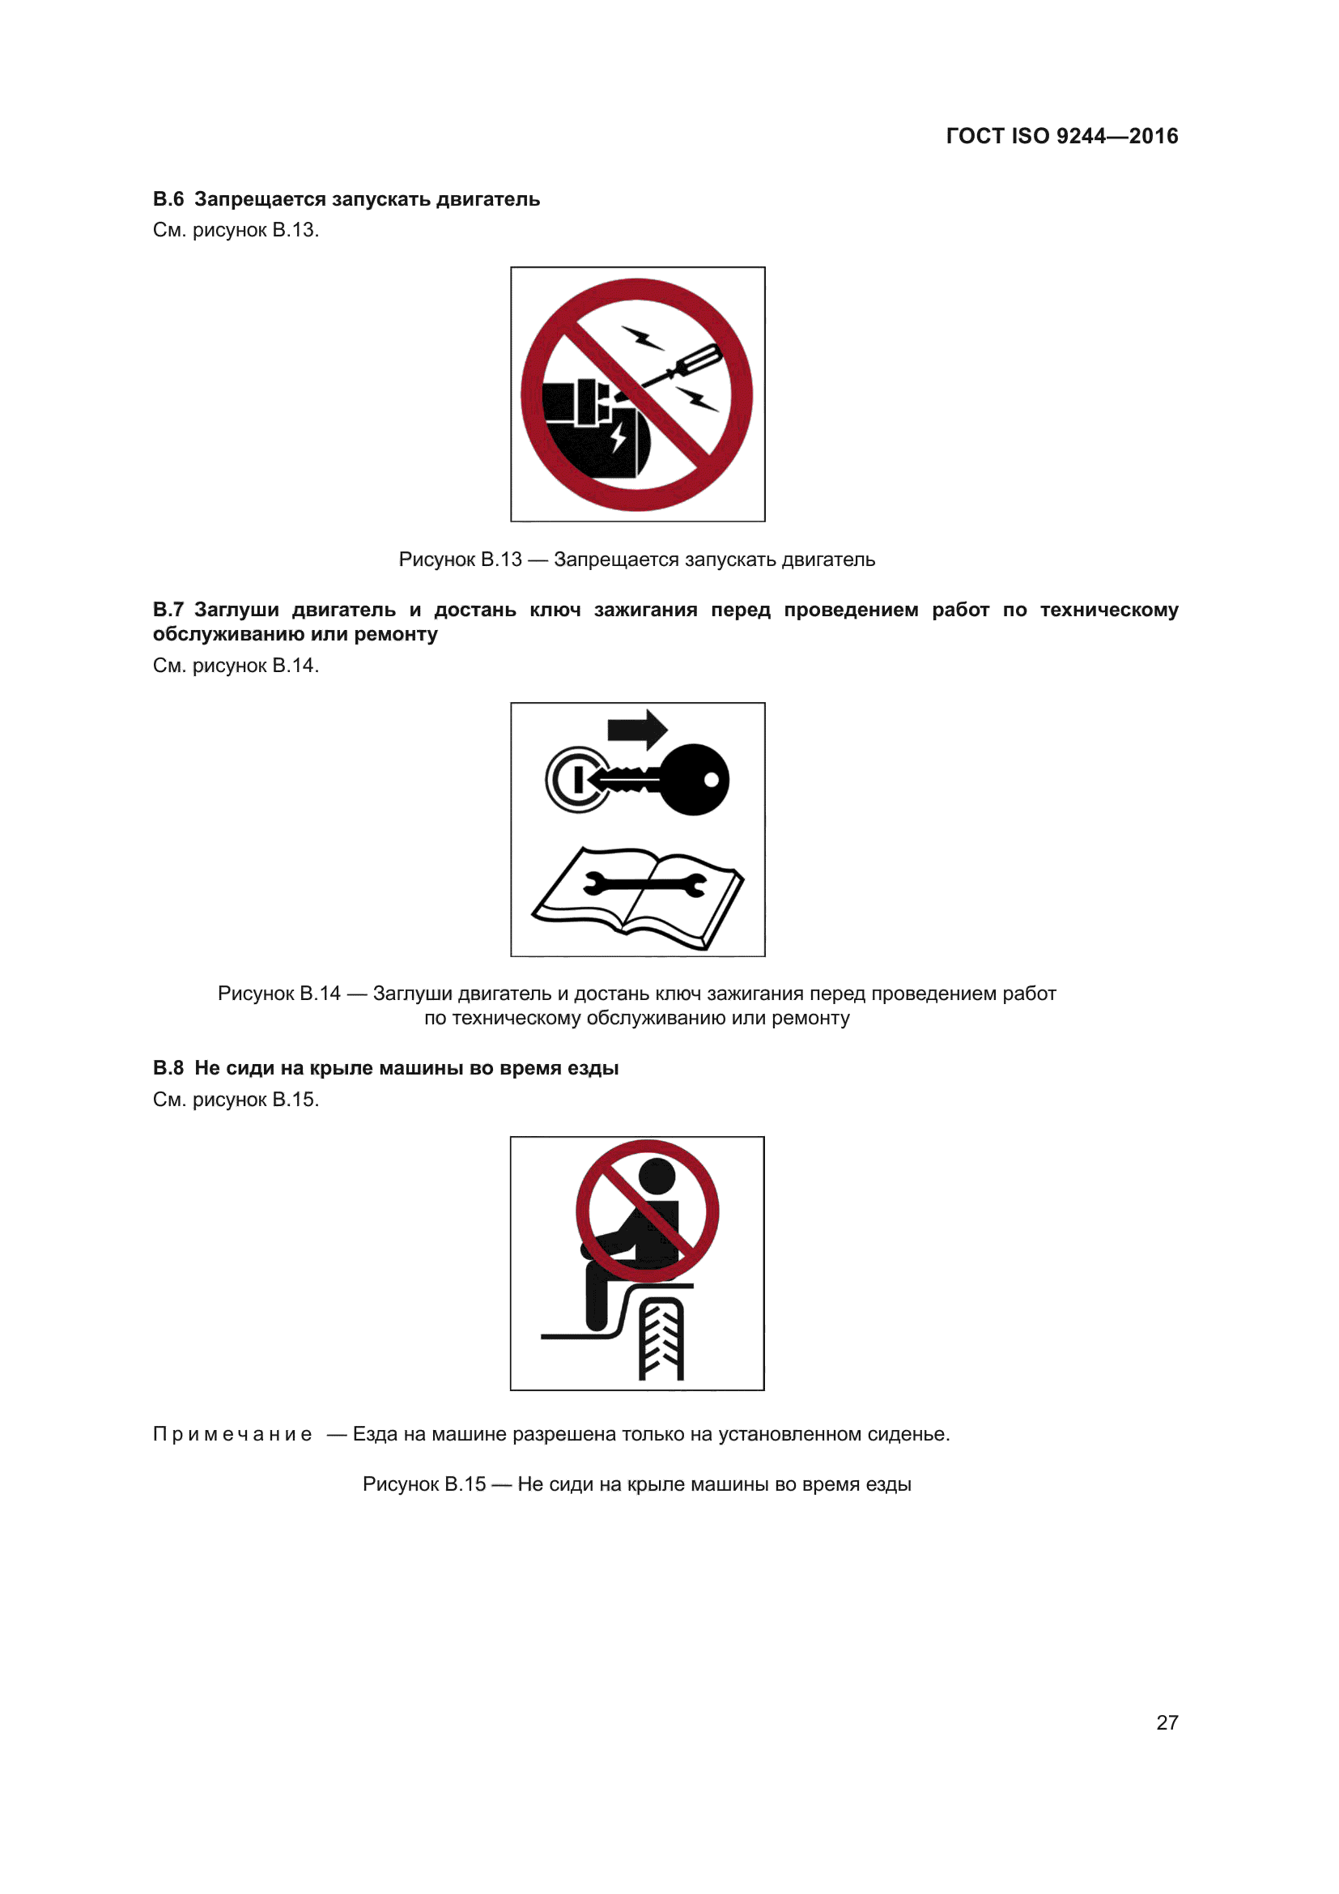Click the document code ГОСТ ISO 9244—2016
click(1061, 136)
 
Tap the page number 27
click(1167, 1722)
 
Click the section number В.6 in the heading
click(168, 200)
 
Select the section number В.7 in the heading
click(168, 610)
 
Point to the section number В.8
click(168, 1068)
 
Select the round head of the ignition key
click(695, 780)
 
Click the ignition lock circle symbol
click(576, 780)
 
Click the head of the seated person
click(657, 1177)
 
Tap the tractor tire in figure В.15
click(661, 1339)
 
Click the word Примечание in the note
click(232, 1435)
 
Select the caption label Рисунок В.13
click(460, 560)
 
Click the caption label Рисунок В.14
click(278, 994)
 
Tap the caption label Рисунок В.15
click(423, 1485)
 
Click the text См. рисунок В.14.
click(236, 666)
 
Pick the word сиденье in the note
click(910, 1435)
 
